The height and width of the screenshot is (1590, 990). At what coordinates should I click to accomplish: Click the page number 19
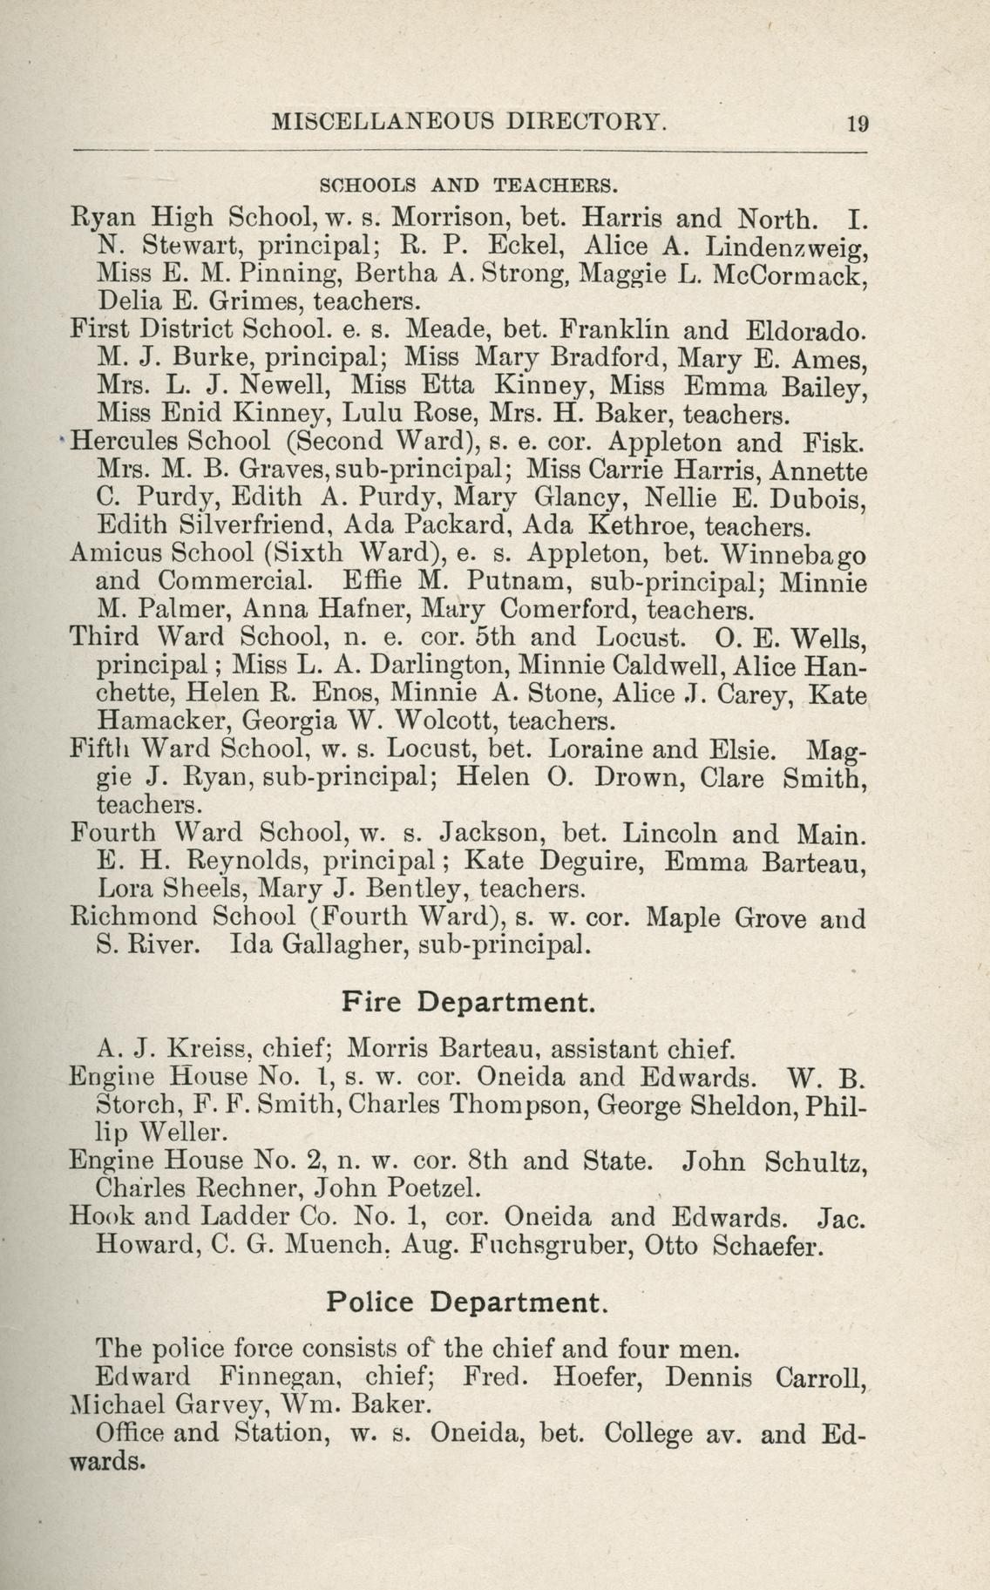tap(857, 123)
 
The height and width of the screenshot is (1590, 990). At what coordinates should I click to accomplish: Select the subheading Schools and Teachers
tap(469, 185)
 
